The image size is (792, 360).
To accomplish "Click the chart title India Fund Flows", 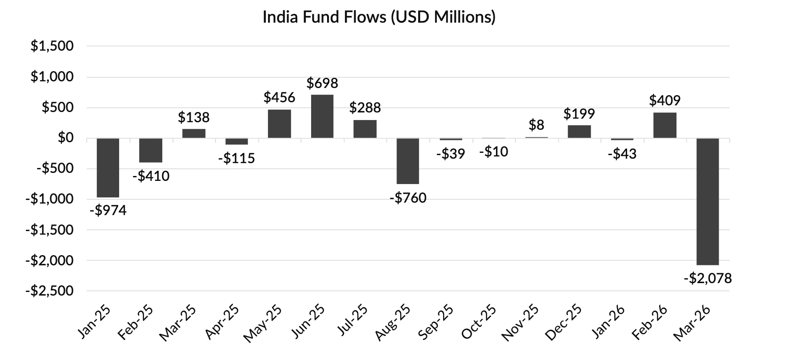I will pyautogui.click(x=379, y=17).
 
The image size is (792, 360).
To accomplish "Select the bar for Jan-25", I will pyautogui.click(x=108, y=168).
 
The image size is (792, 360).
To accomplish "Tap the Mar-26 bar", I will pyautogui.click(x=708, y=201).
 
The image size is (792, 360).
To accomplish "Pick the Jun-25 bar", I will pyautogui.click(x=322, y=116).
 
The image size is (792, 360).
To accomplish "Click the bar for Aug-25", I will pyautogui.click(x=408, y=161).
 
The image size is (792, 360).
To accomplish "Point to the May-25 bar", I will pyautogui.click(x=280, y=124).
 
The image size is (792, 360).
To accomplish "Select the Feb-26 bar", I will pyautogui.click(x=665, y=125).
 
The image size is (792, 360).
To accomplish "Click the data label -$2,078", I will pyautogui.click(x=708, y=279).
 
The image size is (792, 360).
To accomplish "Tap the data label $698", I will pyautogui.click(x=322, y=83).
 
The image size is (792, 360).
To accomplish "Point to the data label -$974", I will pyautogui.click(x=108, y=210).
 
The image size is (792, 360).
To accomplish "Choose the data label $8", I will pyautogui.click(x=536, y=125).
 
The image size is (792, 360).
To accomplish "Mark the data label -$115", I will pyautogui.click(x=236, y=158).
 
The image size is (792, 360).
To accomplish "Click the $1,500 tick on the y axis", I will pyautogui.click(x=52, y=46).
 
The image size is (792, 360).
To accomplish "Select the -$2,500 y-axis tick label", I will pyautogui.click(x=49, y=291).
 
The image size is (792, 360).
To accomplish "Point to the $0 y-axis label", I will pyautogui.click(x=65, y=138).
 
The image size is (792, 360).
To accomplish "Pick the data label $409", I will pyautogui.click(x=665, y=101).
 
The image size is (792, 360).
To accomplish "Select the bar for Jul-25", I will pyautogui.click(x=365, y=129).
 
